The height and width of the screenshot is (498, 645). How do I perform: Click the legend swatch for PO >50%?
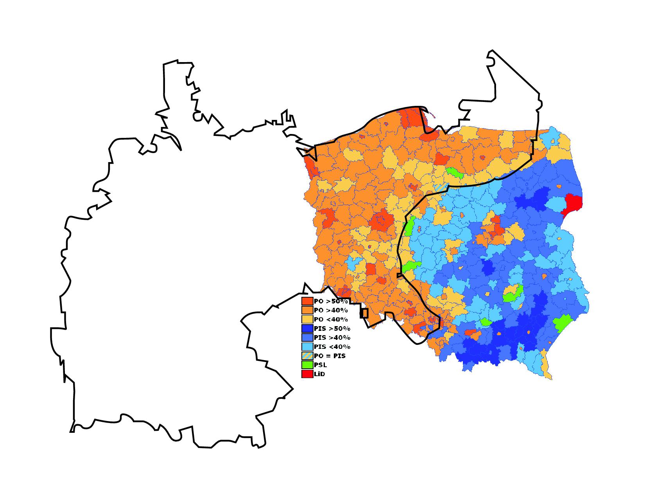coord(307,301)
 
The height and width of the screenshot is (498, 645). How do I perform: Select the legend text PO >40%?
coord(331,311)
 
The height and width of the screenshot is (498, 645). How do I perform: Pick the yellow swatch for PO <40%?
coord(307,320)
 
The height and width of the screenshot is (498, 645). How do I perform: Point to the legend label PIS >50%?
coord(332,328)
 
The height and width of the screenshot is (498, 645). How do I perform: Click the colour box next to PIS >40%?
coord(307,337)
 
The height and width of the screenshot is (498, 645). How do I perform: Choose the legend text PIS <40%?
coord(332,347)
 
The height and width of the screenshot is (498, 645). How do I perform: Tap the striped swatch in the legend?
coord(307,356)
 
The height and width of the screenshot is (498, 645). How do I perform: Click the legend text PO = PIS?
coord(330,356)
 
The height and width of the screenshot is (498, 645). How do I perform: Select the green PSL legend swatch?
coord(307,365)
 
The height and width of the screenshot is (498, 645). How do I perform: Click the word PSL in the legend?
coord(320,365)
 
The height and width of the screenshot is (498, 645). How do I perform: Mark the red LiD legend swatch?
coord(307,374)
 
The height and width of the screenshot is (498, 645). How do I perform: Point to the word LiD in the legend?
coord(319,374)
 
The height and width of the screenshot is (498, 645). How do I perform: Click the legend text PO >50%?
coord(331,302)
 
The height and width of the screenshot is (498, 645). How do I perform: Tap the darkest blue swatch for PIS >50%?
coord(307,328)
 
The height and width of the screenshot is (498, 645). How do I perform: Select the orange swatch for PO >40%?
coord(307,310)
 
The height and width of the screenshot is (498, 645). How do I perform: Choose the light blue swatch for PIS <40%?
coord(307,346)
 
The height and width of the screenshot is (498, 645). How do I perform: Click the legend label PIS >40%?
coord(332,338)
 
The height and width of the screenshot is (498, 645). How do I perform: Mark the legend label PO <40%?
coord(331,320)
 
